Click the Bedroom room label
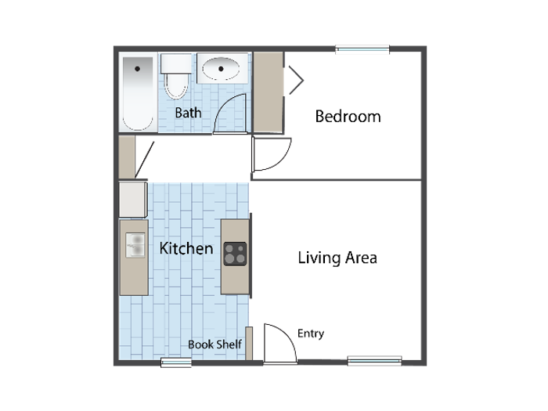click(348, 117)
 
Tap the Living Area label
click(337, 258)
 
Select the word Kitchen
click(186, 248)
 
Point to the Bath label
click(188, 113)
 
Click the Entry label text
click(311, 333)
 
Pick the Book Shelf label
click(215, 344)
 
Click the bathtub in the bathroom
click(138, 93)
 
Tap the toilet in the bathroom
click(176, 76)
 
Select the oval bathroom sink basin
click(221, 69)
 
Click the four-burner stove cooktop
click(235, 254)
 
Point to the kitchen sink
click(135, 245)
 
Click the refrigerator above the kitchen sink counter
click(133, 199)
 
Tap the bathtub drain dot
click(137, 69)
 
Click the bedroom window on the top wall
click(362, 49)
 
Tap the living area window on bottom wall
click(375, 361)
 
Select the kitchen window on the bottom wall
click(176, 362)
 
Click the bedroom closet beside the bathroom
click(268, 92)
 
